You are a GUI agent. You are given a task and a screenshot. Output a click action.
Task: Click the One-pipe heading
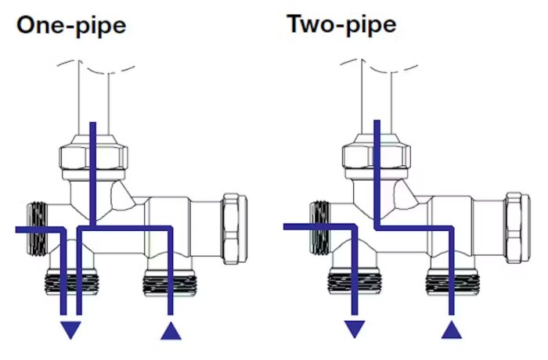tap(71, 26)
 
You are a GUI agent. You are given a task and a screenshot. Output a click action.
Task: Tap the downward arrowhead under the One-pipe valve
tap(71, 329)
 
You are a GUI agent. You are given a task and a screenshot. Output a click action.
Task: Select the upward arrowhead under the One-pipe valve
tap(171, 330)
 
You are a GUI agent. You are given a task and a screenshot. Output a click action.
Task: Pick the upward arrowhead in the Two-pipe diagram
tap(452, 329)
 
